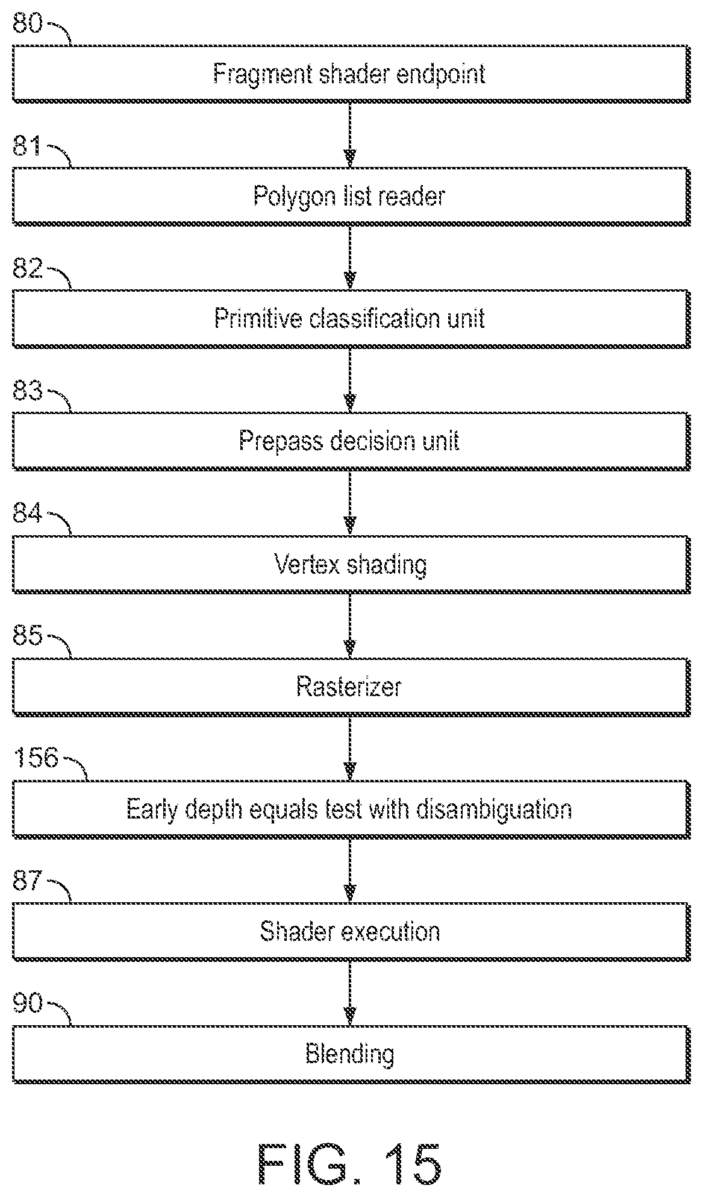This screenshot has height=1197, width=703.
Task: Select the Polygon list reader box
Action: (x=351, y=196)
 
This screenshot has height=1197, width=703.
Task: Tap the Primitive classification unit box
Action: (x=351, y=319)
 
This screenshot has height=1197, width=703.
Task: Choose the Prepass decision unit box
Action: (x=351, y=441)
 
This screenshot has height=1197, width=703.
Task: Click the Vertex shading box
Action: (x=351, y=564)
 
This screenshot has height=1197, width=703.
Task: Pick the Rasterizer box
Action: (x=351, y=686)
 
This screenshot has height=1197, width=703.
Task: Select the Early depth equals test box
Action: (x=351, y=809)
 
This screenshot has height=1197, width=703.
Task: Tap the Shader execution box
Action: (x=351, y=931)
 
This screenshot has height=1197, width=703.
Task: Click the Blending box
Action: (x=351, y=1054)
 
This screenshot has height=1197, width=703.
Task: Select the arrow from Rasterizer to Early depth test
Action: (x=349, y=748)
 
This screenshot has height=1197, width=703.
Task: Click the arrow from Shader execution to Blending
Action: (x=349, y=993)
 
